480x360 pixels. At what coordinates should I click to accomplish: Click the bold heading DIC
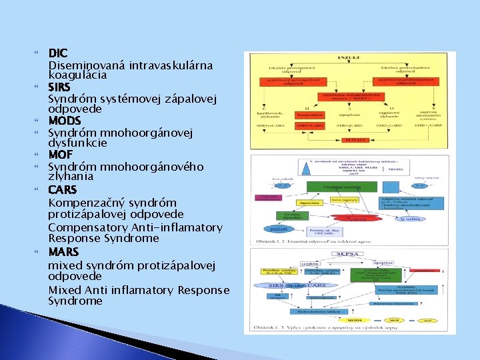(58, 53)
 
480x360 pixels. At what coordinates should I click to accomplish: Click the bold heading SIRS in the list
(59, 87)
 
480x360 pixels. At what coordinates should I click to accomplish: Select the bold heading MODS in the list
(64, 121)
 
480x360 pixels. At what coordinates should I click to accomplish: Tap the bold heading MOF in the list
(60, 155)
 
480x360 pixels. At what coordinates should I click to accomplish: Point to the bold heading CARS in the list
(62, 190)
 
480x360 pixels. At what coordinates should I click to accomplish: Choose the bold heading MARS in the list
(63, 252)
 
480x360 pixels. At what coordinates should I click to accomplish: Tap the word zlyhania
(71, 177)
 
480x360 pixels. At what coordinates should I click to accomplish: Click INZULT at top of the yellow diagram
(351, 58)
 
